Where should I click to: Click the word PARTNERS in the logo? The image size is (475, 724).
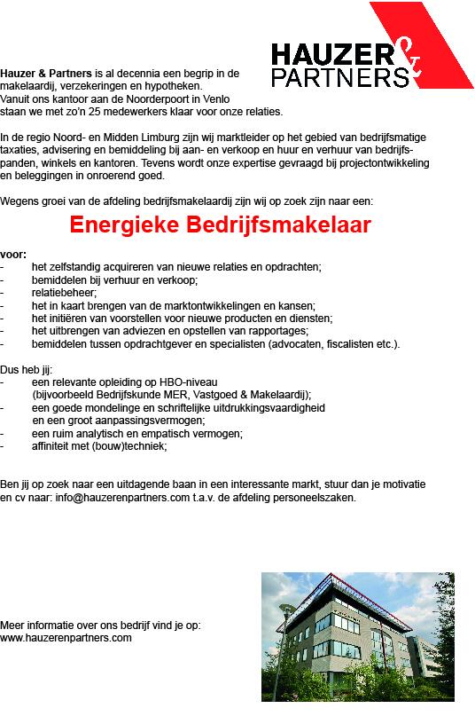pyautogui.click(x=339, y=78)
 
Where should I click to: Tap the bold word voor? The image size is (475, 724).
pyautogui.click(x=13, y=255)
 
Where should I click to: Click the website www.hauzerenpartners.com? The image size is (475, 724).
pyautogui.click(x=66, y=637)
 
